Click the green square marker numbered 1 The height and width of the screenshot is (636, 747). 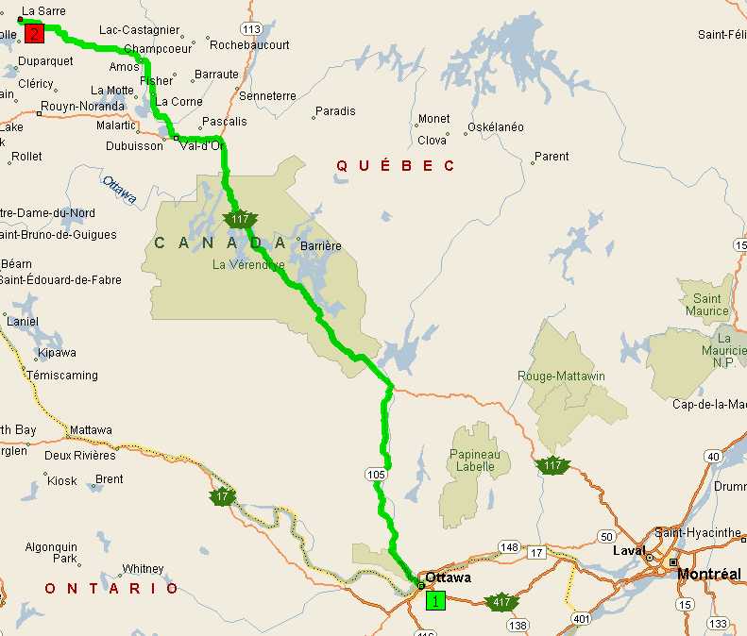[435, 599]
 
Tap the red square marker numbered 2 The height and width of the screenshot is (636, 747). [35, 34]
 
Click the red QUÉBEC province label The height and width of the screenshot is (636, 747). [396, 166]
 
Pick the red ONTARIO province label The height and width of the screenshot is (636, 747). [111, 588]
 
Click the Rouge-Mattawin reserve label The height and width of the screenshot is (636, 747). [561, 376]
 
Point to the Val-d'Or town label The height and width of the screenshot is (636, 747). [201, 145]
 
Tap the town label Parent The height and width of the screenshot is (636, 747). [552, 157]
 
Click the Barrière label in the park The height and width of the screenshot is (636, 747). [320, 246]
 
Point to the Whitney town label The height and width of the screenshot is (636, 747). [143, 569]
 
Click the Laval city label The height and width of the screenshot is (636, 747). [628, 550]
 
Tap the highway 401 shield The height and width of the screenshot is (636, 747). [580, 617]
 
